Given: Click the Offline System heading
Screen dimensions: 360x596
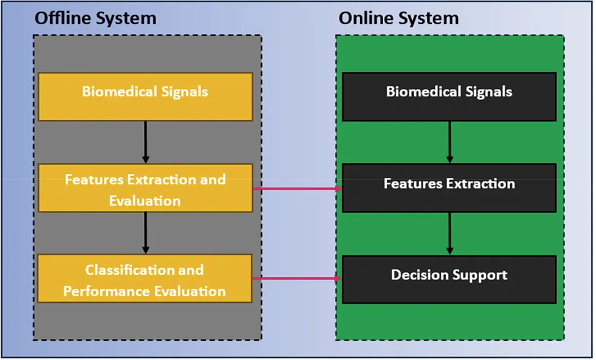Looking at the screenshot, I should [x=95, y=18].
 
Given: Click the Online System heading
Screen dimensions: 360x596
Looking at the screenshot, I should [x=399, y=18].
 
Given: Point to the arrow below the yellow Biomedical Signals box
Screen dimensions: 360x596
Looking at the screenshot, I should [x=145, y=142].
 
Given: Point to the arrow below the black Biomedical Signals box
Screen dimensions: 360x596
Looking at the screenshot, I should [x=450, y=142].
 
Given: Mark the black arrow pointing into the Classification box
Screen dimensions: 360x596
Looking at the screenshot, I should [x=145, y=233].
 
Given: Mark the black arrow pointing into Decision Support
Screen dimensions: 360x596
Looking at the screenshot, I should [x=450, y=234].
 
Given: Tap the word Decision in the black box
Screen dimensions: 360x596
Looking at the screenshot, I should [x=419, y=275].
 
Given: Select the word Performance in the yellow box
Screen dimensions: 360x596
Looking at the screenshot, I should [x=106, y=291].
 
